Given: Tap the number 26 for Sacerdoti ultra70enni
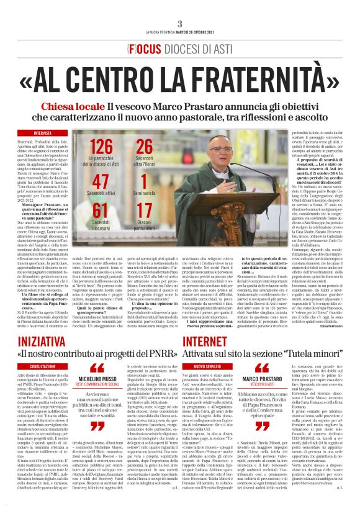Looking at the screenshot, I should click(144, 147).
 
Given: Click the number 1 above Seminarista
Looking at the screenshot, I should click(144, 182).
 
